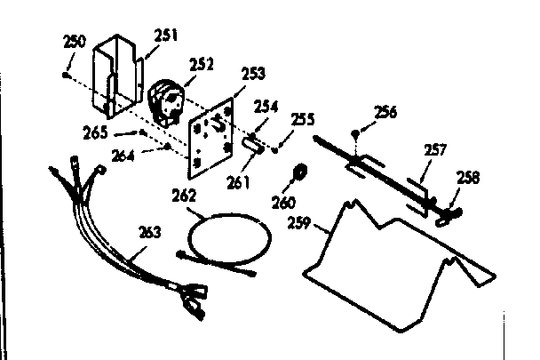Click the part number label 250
(x=75, y=42)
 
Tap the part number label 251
(x=165, y=36)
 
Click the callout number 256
(x=385, y=112)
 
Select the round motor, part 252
(x=166, y=98)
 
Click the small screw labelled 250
(x=67, y=76)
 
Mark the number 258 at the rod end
(x=467, y=177)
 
